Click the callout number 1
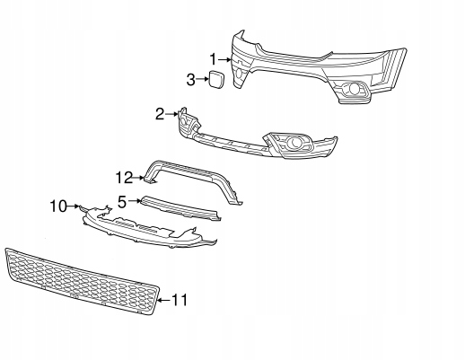click(x=213, y=59)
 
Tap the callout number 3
click(x=191, y=80)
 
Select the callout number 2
click(x=160, y=114)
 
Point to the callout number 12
click(x=124, y=178)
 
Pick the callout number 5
click(x=123, y=202)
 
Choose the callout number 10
click(x=58, y=206)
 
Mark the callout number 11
click(x=180, y=300)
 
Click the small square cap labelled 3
click(x=216, y=79)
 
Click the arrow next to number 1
click(x=224, y=60)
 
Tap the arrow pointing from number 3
click(x=203, y=79)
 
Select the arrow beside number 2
click(x=172, y=114)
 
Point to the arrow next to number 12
click(x=138, y=178)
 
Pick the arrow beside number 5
click(x=135, y=201)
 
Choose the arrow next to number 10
click(x=74, y=206)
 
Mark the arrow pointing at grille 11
click(x=164, y=300)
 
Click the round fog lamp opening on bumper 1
click(x=355, y=89)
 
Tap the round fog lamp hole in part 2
click(x=293, y=143)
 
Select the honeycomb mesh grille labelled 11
click(x=81, y=281)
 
